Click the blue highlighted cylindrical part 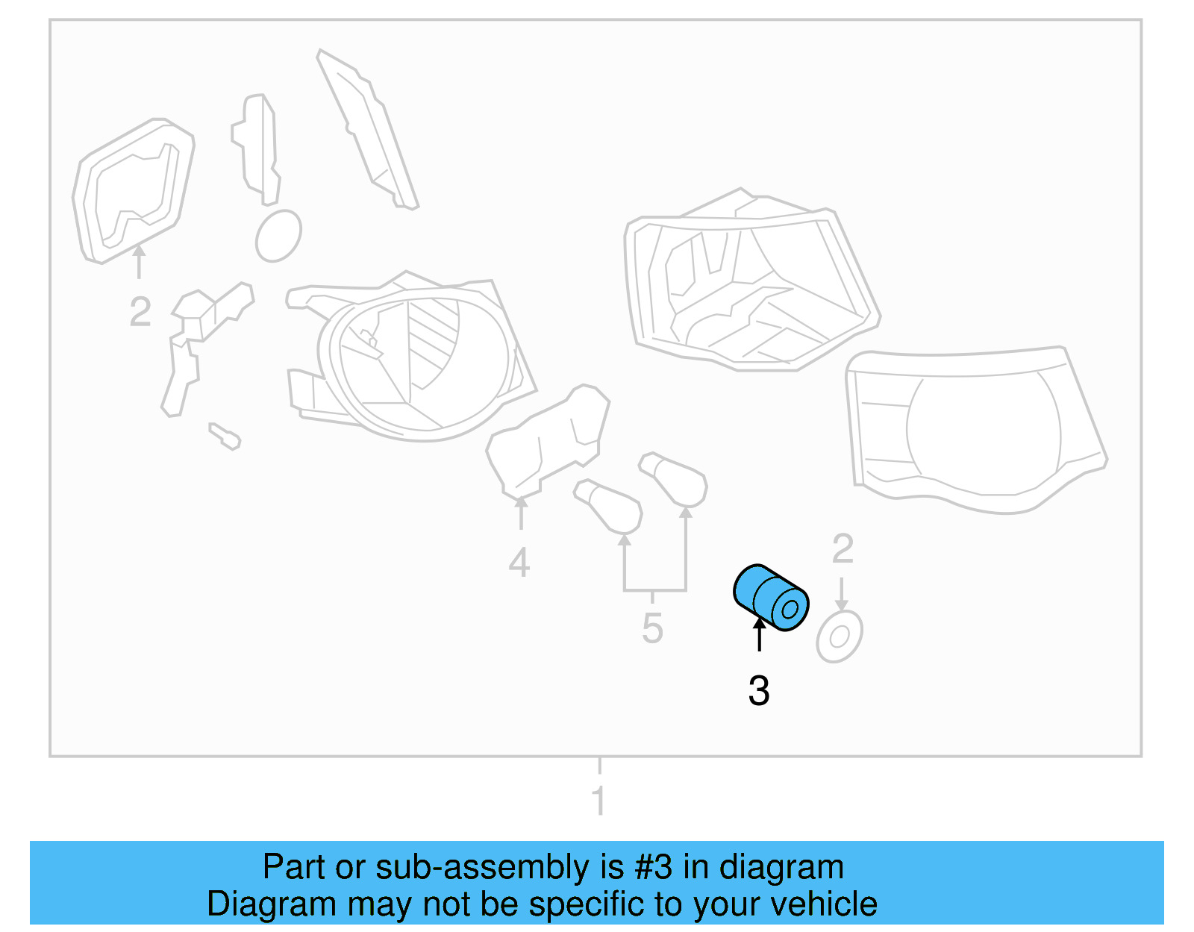(771, 597)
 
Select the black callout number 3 (759, 691)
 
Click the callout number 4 (519, 563)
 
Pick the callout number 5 (652, 628)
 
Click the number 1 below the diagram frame (598, 801)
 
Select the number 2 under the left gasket (140, 312)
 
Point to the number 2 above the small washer (843, 549)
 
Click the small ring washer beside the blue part (840, 637)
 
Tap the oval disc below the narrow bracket (278, 236)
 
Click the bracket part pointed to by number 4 (548, 444)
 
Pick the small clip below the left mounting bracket (225, 436)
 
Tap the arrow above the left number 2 (139, 261)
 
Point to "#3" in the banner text (654, 868)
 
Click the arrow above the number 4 (521, 513)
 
